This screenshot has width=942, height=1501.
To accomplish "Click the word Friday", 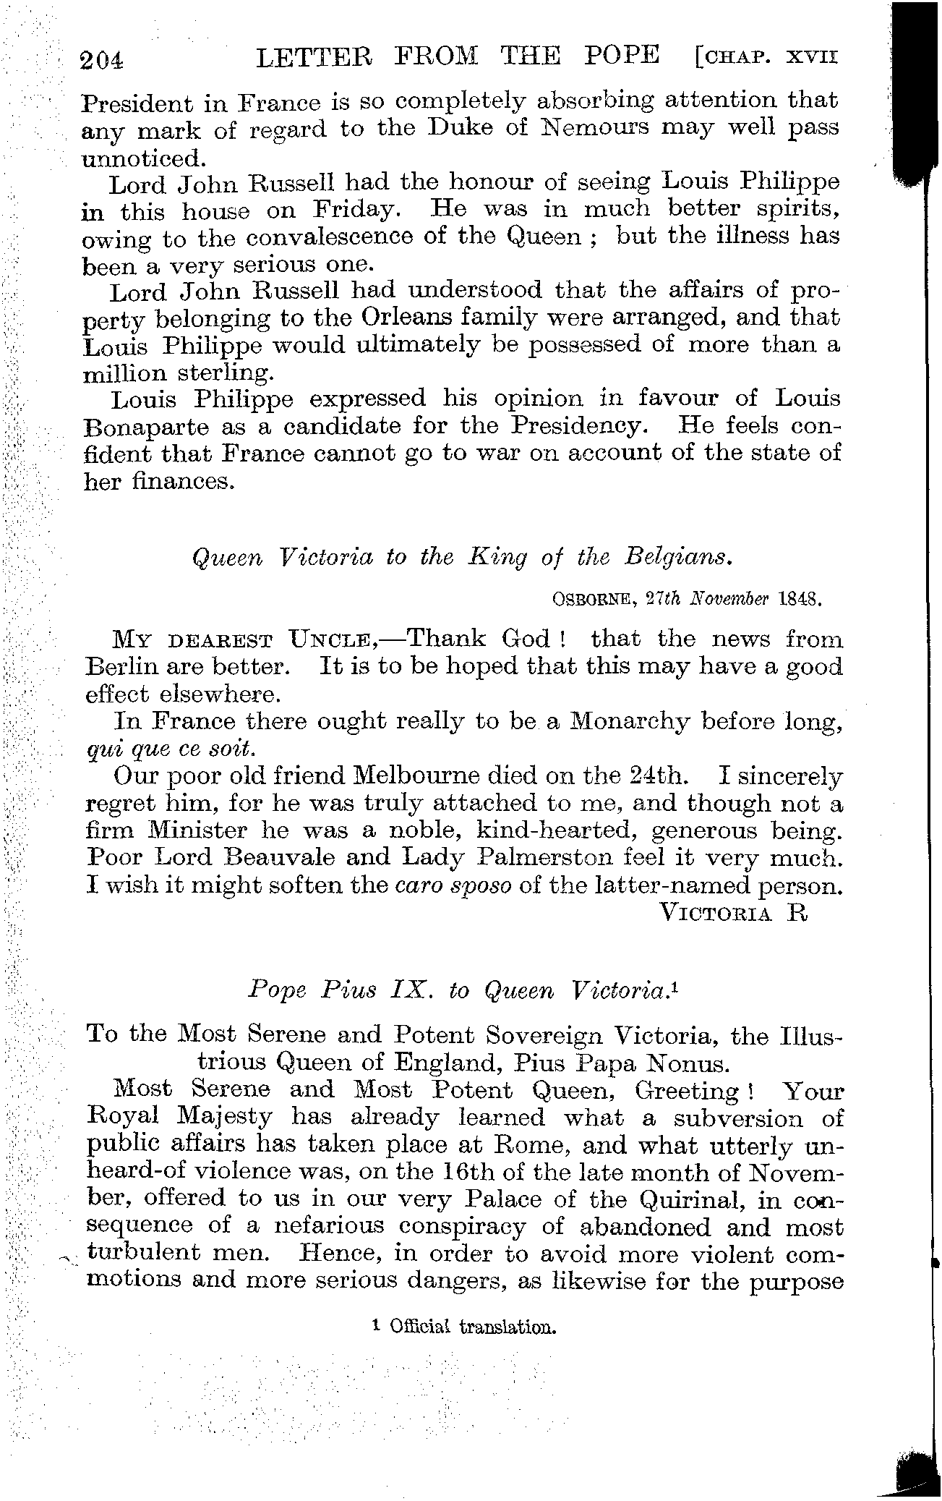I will pos(356,211).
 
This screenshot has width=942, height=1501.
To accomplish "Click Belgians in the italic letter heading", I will pos(678,558).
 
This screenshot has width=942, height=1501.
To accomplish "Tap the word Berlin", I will pos(121,666).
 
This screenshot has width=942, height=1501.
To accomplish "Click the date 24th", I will pos(654,777).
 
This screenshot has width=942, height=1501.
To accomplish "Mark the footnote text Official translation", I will pos(471,1327).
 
